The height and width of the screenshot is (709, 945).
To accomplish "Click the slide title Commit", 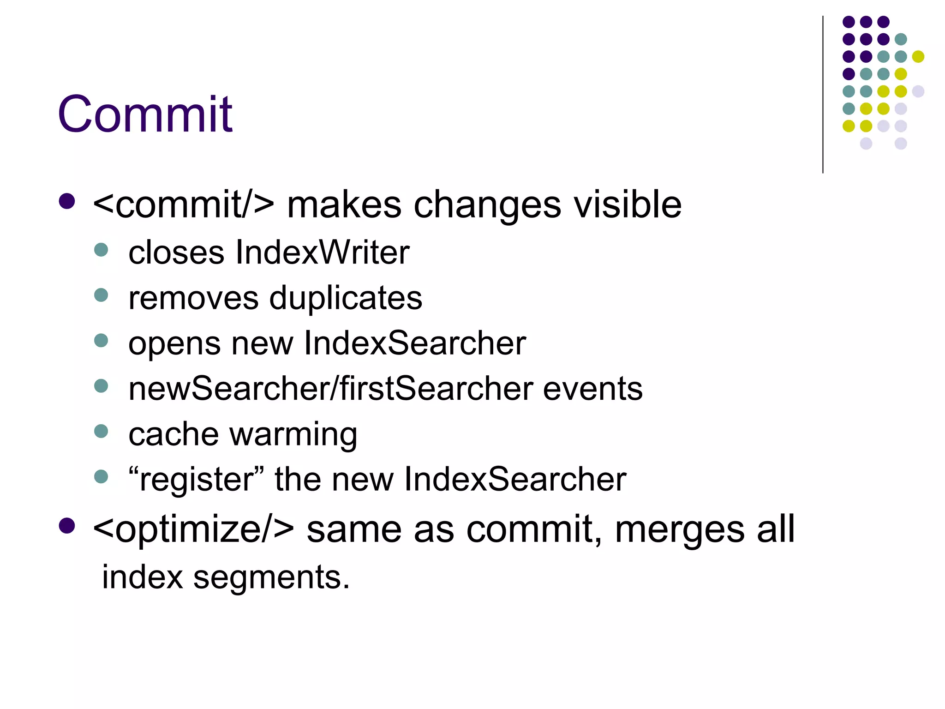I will [x=145, y=114].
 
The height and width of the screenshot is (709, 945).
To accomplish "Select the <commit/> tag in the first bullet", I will [x=183, y=204].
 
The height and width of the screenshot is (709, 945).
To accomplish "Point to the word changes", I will [x=487, y=204].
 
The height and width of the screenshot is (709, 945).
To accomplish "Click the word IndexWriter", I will [x=322, y=252].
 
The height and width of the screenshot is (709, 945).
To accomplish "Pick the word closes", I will [x=176, y=252].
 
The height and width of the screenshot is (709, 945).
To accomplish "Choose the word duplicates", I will [x=346, y=298].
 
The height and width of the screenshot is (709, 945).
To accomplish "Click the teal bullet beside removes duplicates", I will [x=101, y=295].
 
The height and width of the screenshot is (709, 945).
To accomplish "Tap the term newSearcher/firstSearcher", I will [x=331, y=389].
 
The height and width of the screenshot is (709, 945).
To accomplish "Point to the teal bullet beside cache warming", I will [x=101, y=431].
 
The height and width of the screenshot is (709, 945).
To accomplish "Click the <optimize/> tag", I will [x=193, y=529].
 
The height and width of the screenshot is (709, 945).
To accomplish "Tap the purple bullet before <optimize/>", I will [x=67, y=525].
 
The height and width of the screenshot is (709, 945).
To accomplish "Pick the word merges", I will [x=679, y=529].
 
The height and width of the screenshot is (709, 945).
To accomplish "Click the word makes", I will [x=344, y=204].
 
